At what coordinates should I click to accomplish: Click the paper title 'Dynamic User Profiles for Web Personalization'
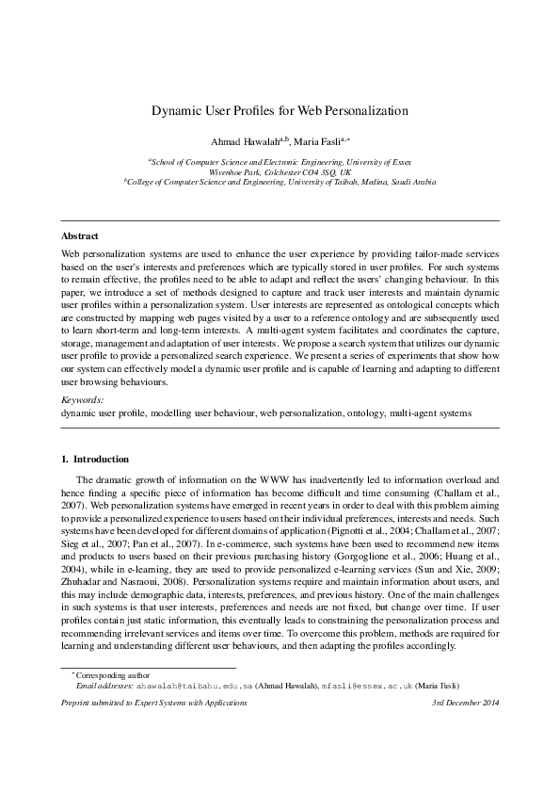(x=280, y=110)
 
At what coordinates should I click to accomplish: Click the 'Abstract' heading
(x=80, y=235)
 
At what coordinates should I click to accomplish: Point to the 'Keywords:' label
(x=83, y=426)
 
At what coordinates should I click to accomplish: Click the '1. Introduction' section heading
(x=95, y=459)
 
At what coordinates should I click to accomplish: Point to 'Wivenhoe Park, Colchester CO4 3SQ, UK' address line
(x=280, y=172)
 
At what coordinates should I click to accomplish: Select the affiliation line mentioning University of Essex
(x=280, y=162)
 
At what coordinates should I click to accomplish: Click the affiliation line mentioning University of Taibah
(x=280, y=183)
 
